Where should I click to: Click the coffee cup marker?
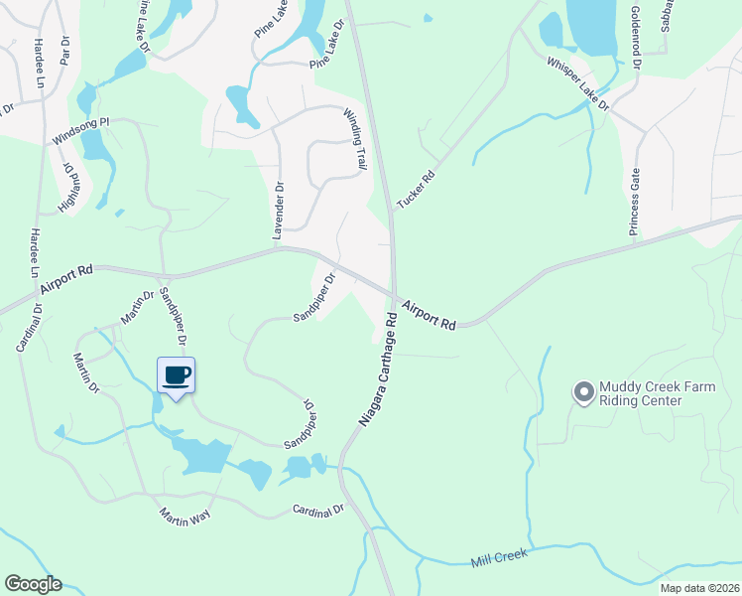click(176, 376)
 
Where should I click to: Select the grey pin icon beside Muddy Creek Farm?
click(583, 393)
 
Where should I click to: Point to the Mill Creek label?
click(498, 562)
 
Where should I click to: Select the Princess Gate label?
click(635, 202)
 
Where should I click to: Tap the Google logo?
click(33, 584)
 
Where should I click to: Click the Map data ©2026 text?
click(699, 588)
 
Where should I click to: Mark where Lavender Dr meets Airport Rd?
click(281, 248)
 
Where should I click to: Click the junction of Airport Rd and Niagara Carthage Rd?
click(394, 295)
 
